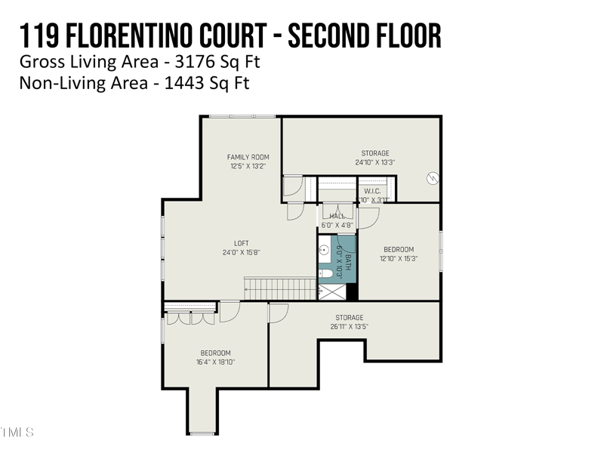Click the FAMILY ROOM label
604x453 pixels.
coord(248,157)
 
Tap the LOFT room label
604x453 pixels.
coord(241,243)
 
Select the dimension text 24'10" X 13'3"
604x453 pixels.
coord(375,162)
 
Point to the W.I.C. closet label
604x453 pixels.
coord(372,191)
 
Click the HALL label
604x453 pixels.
coord(337,216)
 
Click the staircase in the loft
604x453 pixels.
coord(279,288)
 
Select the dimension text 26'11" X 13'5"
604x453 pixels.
coord(350,327)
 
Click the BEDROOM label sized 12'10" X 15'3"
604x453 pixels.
coord(399,249)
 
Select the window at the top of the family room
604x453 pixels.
coord(231,116)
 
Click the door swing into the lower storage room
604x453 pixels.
coord(279,312)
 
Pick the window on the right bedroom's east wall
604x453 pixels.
coord(441,249)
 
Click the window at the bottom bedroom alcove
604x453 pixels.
coord(202,433)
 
